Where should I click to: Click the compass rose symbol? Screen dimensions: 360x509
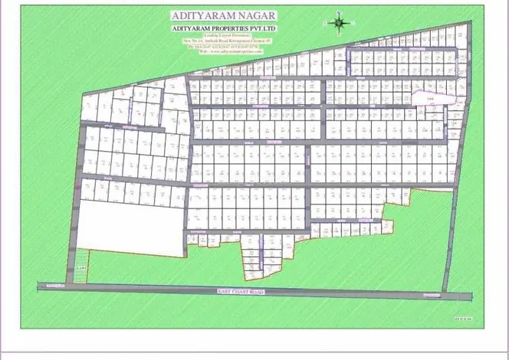(x=340, y=24)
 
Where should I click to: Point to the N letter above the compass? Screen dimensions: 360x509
(x=340, y=13)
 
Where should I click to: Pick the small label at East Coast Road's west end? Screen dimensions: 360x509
(x=52, y=286)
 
